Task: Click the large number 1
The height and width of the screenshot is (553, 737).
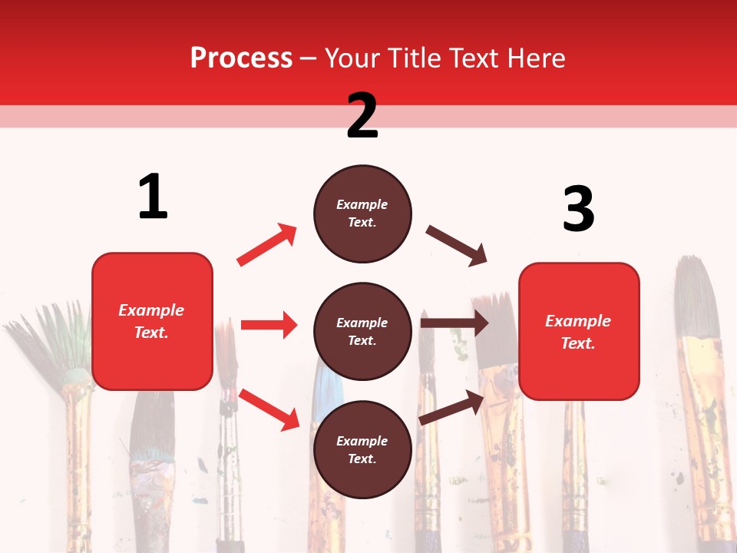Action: click(153, 197)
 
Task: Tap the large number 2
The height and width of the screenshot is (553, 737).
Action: click(362, 116)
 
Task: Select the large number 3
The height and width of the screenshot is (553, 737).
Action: click(578, 209)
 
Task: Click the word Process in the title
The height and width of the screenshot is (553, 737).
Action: click(241, 58)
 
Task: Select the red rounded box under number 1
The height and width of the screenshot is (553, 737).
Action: click(152, 321)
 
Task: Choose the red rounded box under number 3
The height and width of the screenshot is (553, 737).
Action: click(579, 331)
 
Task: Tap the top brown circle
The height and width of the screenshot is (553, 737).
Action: click(362, 214)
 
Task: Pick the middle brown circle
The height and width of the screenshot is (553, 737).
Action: click(362, 331)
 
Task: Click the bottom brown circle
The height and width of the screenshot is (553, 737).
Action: click(362, 449)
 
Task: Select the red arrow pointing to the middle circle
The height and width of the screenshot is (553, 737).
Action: click(269, 325)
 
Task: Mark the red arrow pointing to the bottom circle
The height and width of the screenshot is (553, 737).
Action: click(269, 409)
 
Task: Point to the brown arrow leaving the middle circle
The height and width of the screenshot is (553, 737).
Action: click(454, 323)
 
